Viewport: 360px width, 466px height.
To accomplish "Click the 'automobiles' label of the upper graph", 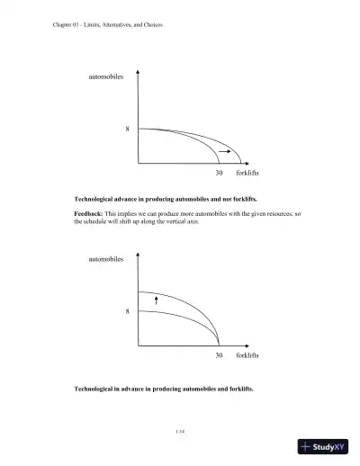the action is click(106, 78).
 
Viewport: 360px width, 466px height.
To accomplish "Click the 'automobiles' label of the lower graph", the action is click(106, 260).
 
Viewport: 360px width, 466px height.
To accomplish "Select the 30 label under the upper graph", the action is click(219, 173).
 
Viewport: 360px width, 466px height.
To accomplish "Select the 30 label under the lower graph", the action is click(219, 355).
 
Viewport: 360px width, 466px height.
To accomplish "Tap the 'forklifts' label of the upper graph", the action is click(247, 173).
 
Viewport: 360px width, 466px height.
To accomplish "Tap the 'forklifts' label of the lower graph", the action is click(247, 355).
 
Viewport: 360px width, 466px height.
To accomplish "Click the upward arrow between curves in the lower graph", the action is click(156, 300).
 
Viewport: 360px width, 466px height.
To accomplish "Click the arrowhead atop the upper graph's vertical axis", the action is click(137, 71).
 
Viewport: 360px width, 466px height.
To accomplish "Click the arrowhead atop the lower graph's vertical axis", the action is click(137, 253).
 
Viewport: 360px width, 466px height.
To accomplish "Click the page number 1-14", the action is click(180, 433).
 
